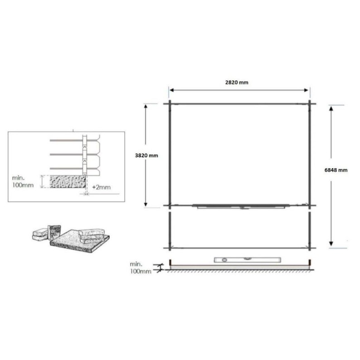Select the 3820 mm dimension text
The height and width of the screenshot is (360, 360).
click(x=146, y=155)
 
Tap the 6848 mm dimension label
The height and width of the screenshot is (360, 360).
click(x=336, y=170)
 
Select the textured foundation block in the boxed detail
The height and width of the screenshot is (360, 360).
click(x=68, y=182)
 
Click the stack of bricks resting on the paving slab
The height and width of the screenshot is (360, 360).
click(x=94, y=235)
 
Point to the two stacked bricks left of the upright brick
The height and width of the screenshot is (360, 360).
click(x=40, y=234)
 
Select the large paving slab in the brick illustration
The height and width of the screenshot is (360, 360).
click(x=77, y=243)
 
